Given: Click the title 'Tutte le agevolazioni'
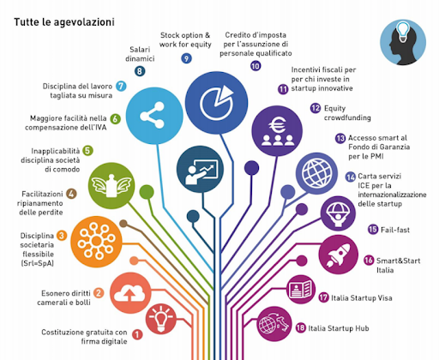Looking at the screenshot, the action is coord(64,22).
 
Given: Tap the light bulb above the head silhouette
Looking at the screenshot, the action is coord(403,32).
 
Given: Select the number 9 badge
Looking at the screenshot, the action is coord(186,58).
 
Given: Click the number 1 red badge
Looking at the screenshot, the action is coord(137,334).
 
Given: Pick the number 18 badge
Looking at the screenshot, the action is coord(300,327).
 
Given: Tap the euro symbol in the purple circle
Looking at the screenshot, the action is coord(277,125).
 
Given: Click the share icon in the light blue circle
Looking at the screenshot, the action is coord(153,116).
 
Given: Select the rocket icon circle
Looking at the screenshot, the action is coord(339,255).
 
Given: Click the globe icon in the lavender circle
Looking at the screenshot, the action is coord(316,173).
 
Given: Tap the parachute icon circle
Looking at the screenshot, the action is coord(338,213).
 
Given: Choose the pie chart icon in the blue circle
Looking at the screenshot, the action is coord(217,102).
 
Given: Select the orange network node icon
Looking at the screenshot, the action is coord(97,242).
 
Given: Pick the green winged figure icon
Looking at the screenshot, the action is coord(111,186).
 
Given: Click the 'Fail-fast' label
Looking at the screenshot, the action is coord(395,230).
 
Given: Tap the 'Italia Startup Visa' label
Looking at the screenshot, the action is coord(362,297).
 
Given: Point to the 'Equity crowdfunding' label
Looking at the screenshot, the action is coord(347,113).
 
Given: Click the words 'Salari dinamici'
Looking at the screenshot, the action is coord(140,54).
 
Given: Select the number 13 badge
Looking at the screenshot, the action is coord(340,139).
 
